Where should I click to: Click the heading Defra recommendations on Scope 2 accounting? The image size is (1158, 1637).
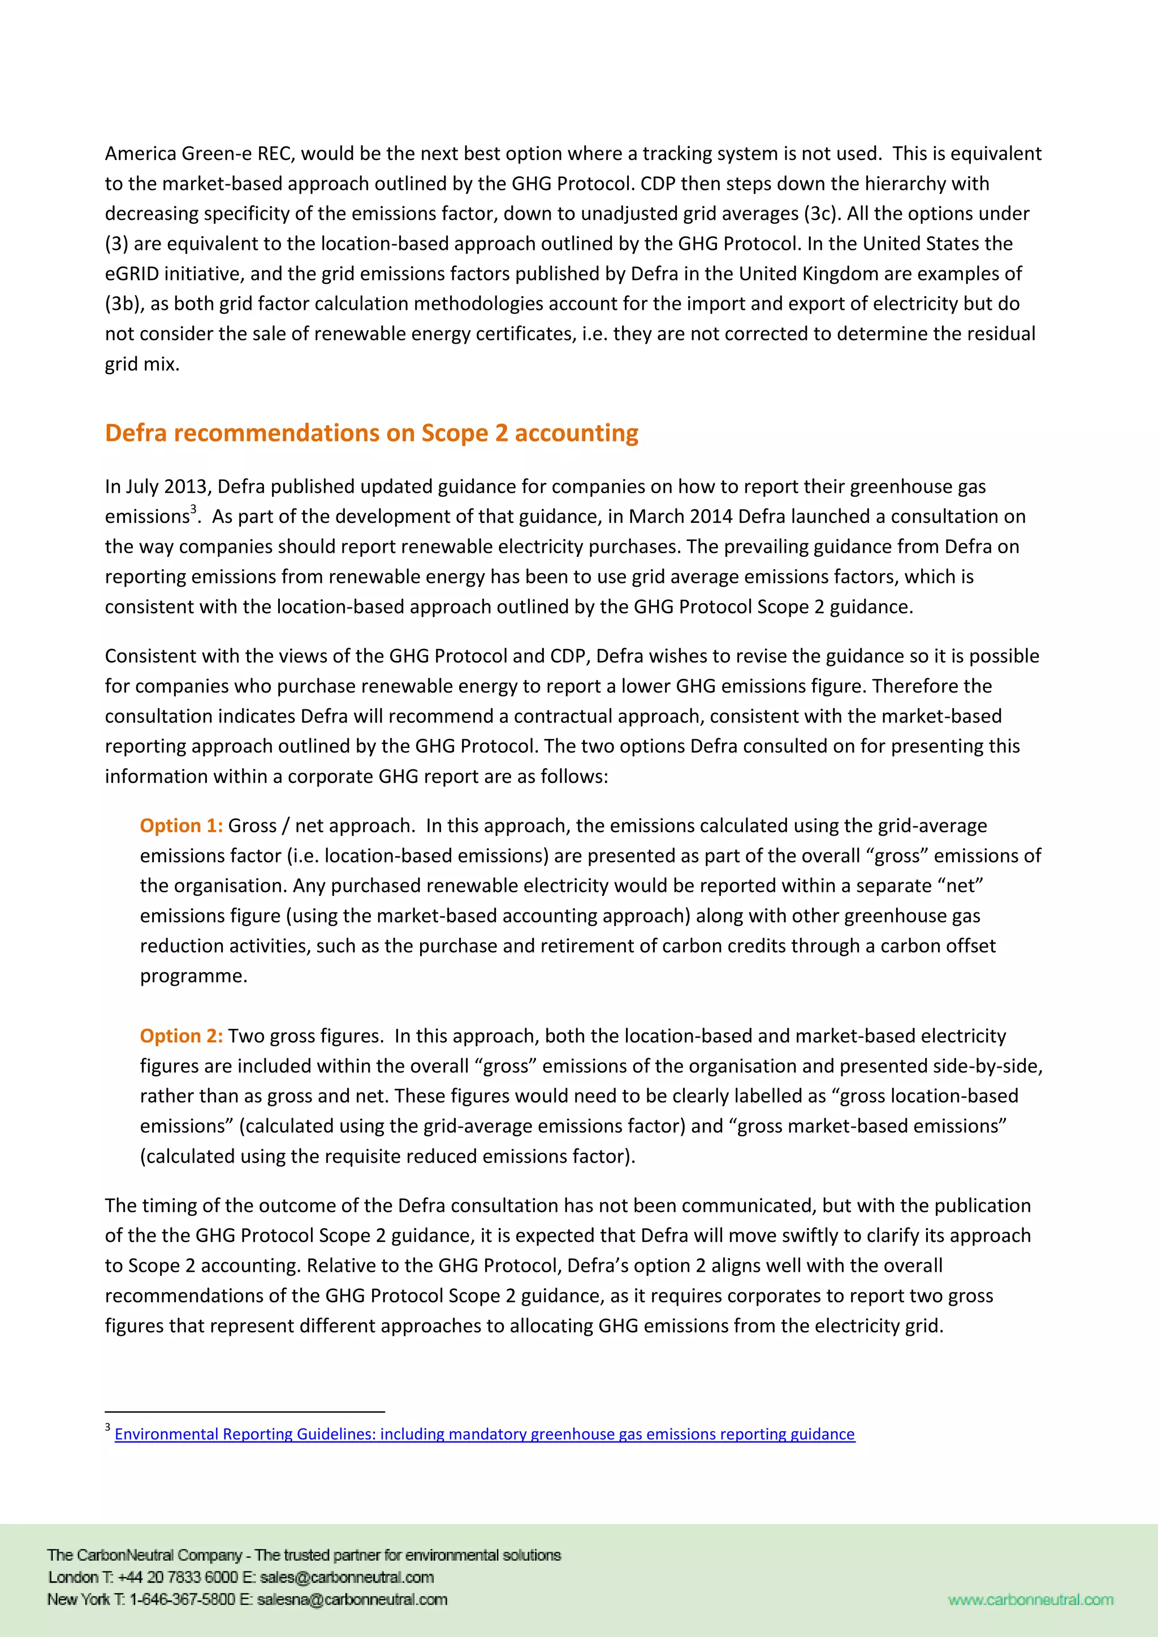click(371, 434)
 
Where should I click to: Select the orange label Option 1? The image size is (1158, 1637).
click(181, 826)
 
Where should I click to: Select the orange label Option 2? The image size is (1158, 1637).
click(181, 1036)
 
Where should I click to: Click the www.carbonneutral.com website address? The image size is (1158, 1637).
click(1030, 1599)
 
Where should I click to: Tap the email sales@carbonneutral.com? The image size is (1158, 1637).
click(347, 1577)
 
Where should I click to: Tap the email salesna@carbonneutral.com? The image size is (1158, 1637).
click(352, 1599)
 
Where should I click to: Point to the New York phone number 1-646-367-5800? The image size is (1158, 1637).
click(182, 1599)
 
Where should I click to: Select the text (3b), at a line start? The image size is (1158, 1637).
click(124, 304)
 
